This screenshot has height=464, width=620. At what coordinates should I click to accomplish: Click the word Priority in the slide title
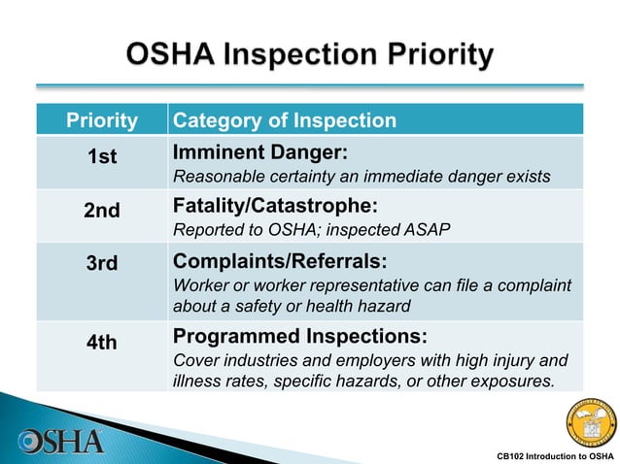432,55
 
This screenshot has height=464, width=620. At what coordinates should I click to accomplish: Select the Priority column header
102,121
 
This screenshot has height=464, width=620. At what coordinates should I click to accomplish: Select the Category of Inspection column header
284,121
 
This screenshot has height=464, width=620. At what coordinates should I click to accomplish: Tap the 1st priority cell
102,158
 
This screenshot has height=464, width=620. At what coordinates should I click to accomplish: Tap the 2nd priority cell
102,212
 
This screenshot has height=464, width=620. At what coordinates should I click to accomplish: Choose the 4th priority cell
102,343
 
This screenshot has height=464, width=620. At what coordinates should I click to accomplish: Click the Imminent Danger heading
259,153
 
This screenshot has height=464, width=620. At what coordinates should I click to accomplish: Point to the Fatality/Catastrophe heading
274,207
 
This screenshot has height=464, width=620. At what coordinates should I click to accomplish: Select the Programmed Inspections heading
299,337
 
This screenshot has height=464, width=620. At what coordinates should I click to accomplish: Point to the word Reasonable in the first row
214,177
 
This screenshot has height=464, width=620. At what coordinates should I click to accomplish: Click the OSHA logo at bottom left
60,440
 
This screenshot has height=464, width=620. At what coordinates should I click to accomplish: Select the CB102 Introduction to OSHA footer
554,455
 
